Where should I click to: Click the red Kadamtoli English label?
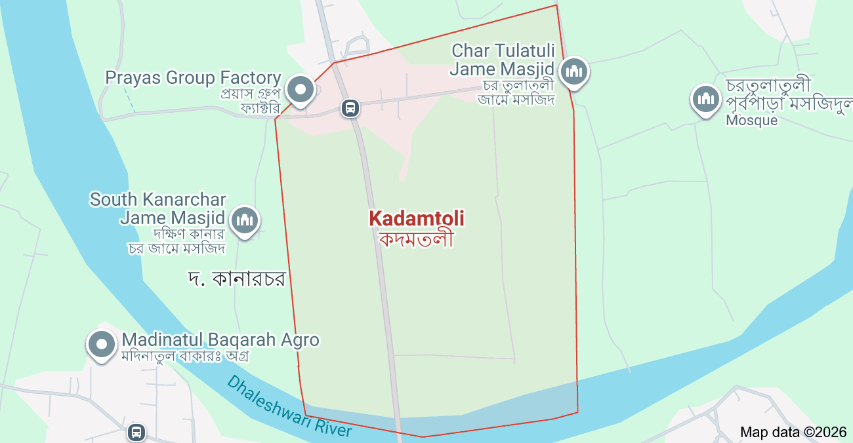(x=417, y=218)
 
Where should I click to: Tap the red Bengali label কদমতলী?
(x=417, y=239)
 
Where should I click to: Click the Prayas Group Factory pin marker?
(x=301, y=89)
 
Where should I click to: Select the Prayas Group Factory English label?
(x=193, y=78)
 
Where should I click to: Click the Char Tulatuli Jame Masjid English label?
(x=503, y=60)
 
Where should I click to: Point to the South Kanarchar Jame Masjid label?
(x=158, y=208)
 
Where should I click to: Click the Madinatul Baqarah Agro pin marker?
(x=101, y=343)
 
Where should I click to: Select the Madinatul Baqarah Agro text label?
(x=220, y=340)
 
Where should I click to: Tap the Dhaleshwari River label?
(x=289, y=406)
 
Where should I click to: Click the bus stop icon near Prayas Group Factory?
(x=350, y=107)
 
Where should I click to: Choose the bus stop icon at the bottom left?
(x=136, y=432)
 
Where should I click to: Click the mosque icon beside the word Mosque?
(x=705, y=100)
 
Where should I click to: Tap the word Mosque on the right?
(x=751, y=121)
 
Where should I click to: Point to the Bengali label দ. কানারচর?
(x=236, y=279)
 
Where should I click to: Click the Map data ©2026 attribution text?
(x=793, y=432)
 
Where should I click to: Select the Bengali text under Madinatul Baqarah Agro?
(x=186, y=356)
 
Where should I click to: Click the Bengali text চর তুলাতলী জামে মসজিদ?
(x=516, y=92)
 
